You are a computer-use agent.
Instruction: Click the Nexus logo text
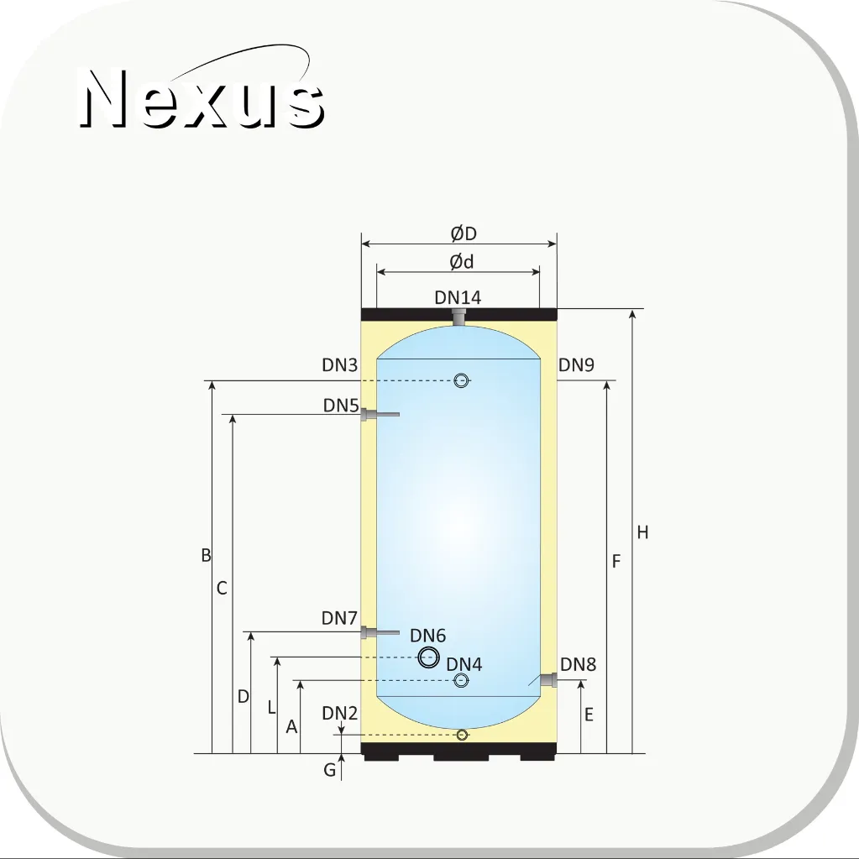click(202, 98)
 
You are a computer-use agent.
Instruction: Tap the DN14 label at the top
click(458, 297)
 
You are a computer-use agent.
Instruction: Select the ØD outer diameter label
click(464, 233)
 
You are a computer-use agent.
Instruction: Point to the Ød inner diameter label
click(461, 262)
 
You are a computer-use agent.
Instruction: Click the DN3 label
click(340, 365)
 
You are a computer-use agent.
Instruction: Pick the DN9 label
click(576, 365)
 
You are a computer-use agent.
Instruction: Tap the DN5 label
click(341, 406)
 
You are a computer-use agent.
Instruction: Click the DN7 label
click(340, 618)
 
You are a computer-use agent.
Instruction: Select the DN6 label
click(428, 636)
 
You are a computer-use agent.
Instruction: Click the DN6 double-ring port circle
click(429, 657)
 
